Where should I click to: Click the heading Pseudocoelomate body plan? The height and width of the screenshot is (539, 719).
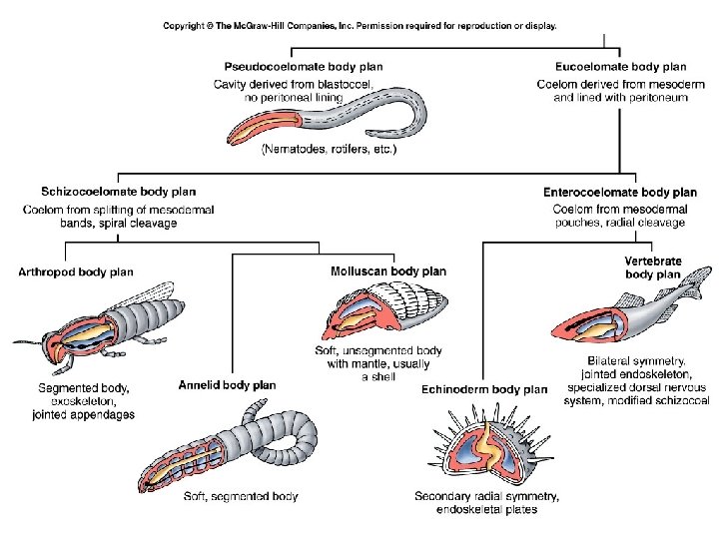pos(303,67)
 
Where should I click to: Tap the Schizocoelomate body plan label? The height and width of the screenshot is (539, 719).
pos(118,192)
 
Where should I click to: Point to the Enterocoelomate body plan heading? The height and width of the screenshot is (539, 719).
pos(620,192)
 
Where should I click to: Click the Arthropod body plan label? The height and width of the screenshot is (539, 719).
pos(76,271)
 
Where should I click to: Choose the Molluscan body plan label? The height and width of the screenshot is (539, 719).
pos(388,271)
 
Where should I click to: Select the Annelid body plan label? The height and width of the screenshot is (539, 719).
pos(227,385)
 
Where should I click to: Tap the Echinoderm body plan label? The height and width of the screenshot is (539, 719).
pos(484,389)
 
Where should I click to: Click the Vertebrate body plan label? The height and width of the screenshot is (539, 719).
pos(652,268)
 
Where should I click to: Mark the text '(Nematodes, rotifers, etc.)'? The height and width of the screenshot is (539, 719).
pos(329,151)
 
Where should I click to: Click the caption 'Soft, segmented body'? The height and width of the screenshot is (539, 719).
pos(241,496)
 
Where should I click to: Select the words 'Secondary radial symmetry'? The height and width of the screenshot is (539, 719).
pos(486,496)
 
